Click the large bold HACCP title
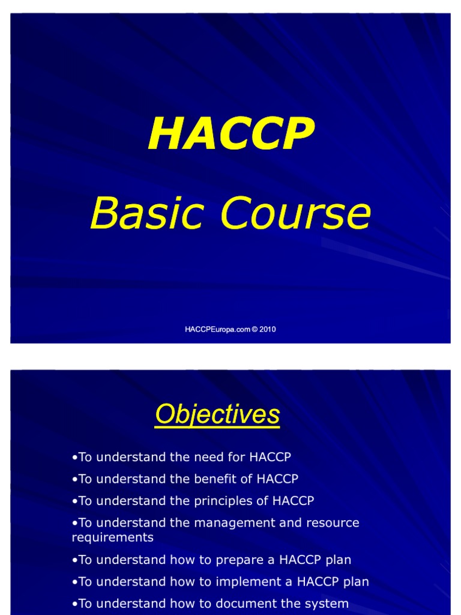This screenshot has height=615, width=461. [x=231, y=134]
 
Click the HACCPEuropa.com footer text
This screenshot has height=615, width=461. [x=217, y=329]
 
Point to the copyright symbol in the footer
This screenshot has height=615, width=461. [x=255, y=329]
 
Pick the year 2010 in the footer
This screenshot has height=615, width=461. [x=268, y=329]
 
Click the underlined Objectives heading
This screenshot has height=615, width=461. [x=217, y=414]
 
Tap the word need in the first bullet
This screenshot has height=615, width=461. [x=208, y=457]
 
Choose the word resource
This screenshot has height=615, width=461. [x=333, y=523]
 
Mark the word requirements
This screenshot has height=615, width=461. [x=112, y=537]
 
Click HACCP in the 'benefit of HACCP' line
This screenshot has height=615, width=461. [x=277, y=479]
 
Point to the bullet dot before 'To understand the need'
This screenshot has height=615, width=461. [x=74, y=458]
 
